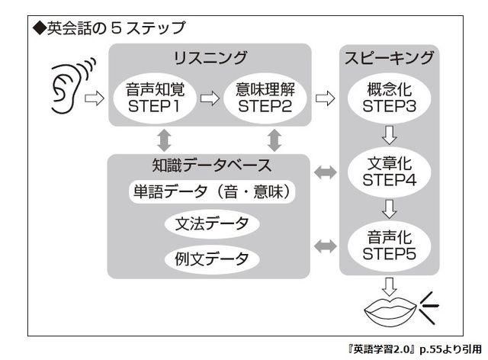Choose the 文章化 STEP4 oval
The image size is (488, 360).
(x=390, y=173)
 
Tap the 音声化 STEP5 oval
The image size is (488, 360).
(x=390, y=246)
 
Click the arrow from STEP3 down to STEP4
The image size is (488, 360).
(x=390, y=136)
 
